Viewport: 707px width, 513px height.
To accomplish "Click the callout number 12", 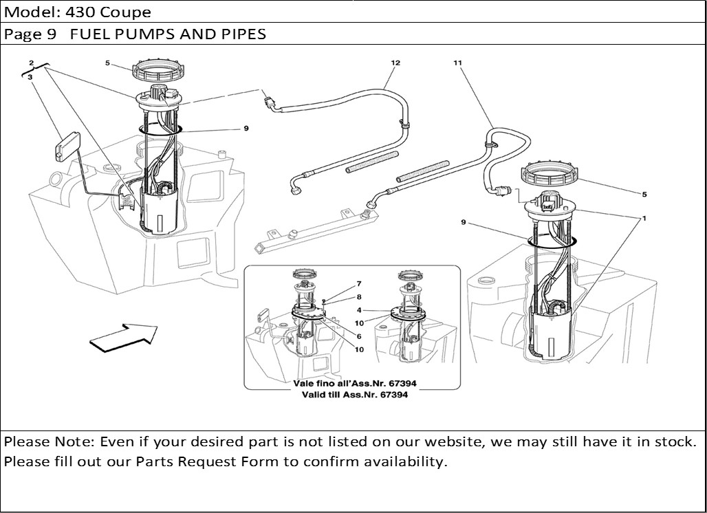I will click(x=395, y=63).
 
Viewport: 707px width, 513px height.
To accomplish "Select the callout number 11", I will click(x=457, y=63).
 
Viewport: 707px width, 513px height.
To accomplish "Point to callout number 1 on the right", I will click(x=644, y=219).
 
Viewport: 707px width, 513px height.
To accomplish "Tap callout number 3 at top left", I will click(x=30, y=78).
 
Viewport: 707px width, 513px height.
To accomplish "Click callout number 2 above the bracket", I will click(x=32, y=63).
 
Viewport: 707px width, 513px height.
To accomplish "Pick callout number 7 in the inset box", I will click(x=358, y=283).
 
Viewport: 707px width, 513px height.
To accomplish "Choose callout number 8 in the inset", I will click(x=358, y=297).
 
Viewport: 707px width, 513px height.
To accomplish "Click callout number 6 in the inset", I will click(x=358, y=336).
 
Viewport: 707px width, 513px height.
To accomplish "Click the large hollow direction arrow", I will click(x=124, y=336).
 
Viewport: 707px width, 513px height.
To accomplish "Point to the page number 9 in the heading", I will click(x=56, y=34).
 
